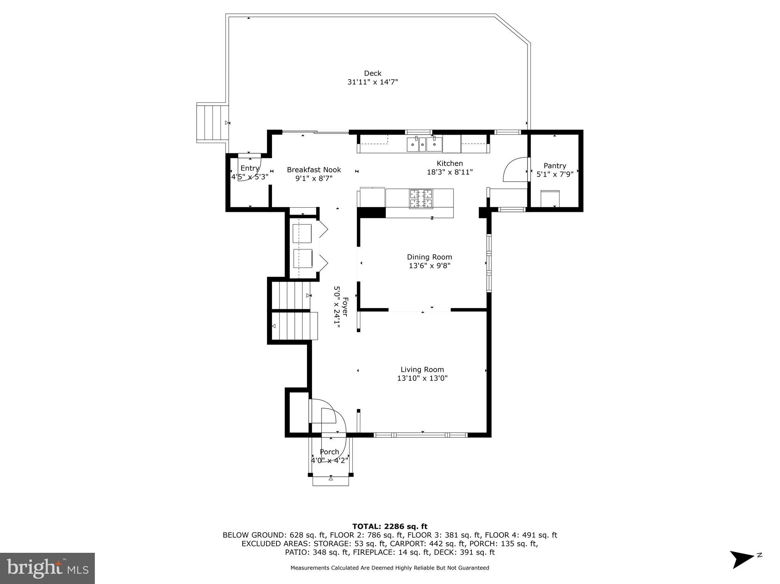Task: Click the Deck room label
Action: point(372,73)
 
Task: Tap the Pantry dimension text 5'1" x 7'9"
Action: point(555,175)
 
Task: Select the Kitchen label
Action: point(449,163)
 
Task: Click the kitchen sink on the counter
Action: point(424,145)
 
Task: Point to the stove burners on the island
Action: point(421,199)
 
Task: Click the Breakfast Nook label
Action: point(314,170)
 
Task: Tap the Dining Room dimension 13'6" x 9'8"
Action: point(429,266)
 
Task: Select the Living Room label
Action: point(422,369)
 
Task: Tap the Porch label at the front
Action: point(329,452)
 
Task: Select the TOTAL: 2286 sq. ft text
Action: point(390,527)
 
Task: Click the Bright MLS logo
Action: point(47,568)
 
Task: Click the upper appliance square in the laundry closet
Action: point(302,234)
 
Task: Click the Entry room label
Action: point(250,168)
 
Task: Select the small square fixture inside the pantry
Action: point(550,199)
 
